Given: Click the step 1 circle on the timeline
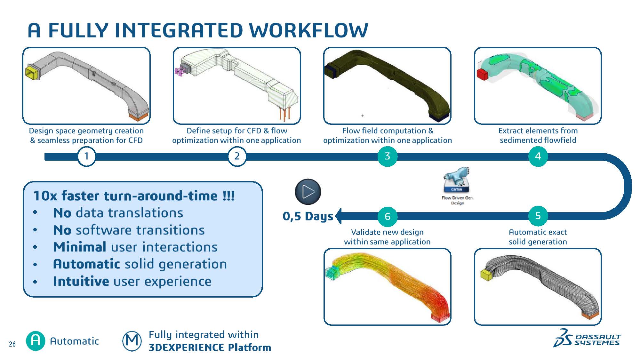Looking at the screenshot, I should (x=86, y=156).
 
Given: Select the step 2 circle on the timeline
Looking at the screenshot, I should (x=237, y=156).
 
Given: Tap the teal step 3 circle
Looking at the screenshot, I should (x=387, y=156).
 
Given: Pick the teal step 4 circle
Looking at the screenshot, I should (x=538, y=156).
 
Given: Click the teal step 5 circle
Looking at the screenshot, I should (x=538, y=216).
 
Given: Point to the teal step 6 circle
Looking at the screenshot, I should (x=387, y=217).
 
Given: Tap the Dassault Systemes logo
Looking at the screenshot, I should (x=587, y=339).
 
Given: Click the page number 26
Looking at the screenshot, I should (x=12, y=344).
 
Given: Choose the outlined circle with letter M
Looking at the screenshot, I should (x=132, y=341).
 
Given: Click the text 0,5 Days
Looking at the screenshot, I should (x=308, y=216).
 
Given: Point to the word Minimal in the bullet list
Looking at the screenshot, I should (x=80, y=247).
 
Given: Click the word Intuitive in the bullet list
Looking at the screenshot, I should (x=81, y=281).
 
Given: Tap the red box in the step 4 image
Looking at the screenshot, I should (x=482, y=74).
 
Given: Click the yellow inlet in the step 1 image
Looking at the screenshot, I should (x=32, y=72).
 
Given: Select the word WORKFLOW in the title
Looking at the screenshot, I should (x=308, y=31).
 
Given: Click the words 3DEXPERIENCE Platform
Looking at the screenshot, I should (x=210, y=348).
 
